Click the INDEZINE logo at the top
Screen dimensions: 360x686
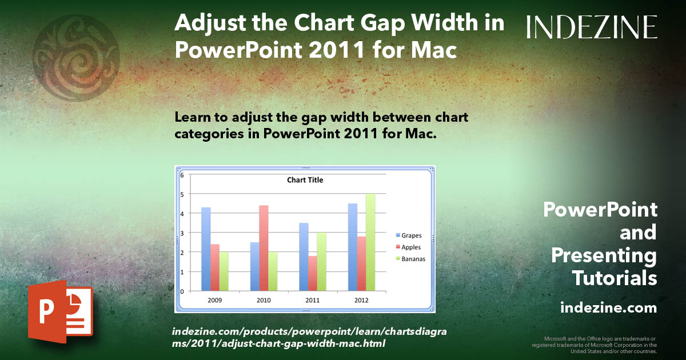592,27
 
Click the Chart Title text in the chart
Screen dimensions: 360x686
305,180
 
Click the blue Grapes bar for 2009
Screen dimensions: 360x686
206,249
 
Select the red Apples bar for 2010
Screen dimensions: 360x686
264,248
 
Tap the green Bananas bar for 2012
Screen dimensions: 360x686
370,242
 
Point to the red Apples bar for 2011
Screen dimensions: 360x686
313,273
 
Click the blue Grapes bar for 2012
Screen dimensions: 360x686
353,247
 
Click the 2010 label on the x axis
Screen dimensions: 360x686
264,300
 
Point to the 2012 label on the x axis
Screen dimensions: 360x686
361,300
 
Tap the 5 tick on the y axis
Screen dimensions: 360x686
182,194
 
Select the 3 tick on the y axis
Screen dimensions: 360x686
182,233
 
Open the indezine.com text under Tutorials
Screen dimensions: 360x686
608,308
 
